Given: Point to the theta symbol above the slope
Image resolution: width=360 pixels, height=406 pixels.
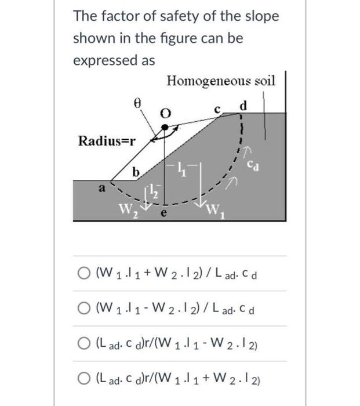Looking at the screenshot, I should [137, 103].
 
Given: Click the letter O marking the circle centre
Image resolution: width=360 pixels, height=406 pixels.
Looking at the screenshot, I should [165, 114].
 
